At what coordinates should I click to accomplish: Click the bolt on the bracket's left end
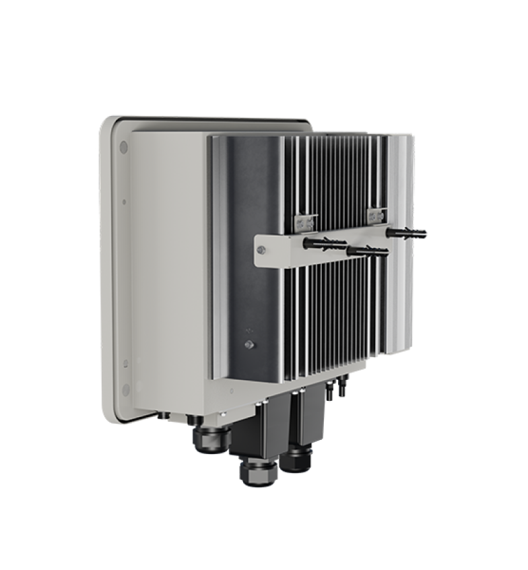(261, 251)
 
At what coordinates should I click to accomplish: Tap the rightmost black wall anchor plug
(407, 233)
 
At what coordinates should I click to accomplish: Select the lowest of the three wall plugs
(368, 251)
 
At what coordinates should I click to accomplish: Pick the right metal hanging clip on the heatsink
(375, 216)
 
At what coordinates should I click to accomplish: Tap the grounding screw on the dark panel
(249, 344)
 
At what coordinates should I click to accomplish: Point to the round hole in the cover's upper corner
(123, 146)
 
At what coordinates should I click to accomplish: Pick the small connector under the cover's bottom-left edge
(162, 416)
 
